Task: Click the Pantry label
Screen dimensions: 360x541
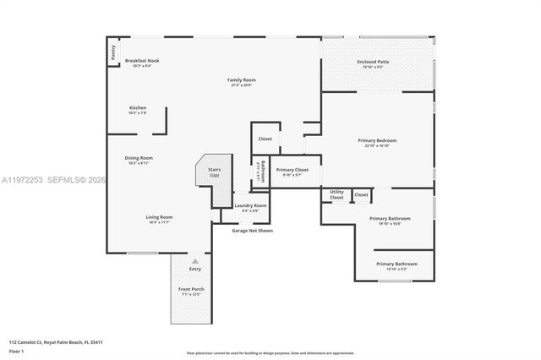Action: tap(112, 53)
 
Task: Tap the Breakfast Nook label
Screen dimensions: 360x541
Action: tap(142, 61)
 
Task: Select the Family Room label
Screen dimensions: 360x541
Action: tap(239, 81)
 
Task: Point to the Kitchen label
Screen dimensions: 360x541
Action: tap(138, 108)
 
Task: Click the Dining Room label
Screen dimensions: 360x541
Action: tap(139, 158)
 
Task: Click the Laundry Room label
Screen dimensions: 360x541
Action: tap(250, 205)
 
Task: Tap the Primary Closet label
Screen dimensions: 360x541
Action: tap(292, 170)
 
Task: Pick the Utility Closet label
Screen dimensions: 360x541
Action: tap(336, 194)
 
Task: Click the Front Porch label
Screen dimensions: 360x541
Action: tap(191, 290)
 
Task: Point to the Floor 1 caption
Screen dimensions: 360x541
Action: tap(17, 350)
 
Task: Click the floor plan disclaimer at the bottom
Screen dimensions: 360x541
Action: tap(270, 352)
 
